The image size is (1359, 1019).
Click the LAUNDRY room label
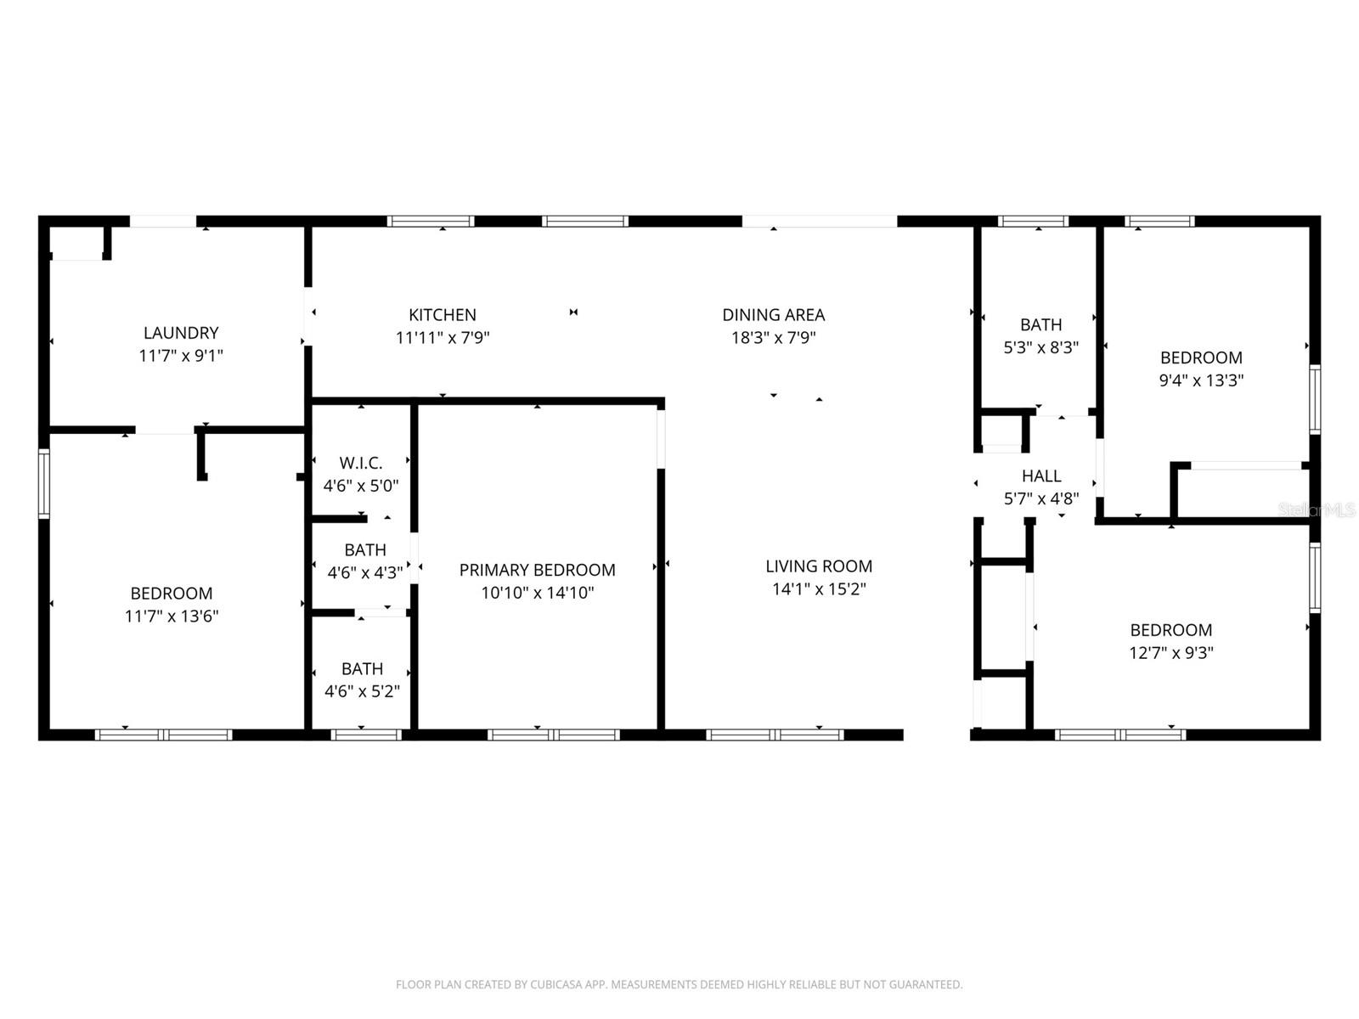click(x=180, y=333)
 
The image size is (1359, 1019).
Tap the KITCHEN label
click(x=442, y=314)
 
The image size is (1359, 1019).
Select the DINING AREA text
click(x=773, y=314)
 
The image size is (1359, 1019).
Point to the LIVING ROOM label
click(x=819, y=566)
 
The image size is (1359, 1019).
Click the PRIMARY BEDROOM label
click(x=537, y=570)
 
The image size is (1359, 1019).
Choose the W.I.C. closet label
click(x=361, y=463)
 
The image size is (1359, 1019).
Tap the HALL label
click(x=1041, y=476)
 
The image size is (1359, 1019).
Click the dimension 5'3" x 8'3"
click(x=1041, y=347)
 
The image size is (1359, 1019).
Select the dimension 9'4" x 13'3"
click(x=1201, y=380)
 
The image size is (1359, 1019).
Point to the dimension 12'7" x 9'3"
click(x=1170, y=653)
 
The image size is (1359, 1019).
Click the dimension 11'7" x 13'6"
click(x=172, y=616)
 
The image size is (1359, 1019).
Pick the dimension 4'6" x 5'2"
click(x=362, y=691)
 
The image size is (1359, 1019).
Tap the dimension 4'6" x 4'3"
click(x=365, y=572)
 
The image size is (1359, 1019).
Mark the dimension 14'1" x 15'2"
click(x=819, y=588)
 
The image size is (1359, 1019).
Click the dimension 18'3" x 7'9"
click(x=773, y=337)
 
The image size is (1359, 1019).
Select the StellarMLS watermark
click(x=1317, y=509)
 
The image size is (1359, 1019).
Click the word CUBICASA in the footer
click(x=561, y=985)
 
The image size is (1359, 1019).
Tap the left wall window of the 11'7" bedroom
click(x=44, y=484)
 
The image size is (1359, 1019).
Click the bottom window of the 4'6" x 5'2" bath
click(x=366, y=735)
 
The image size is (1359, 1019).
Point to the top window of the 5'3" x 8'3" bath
click(x=1033, y=222)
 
